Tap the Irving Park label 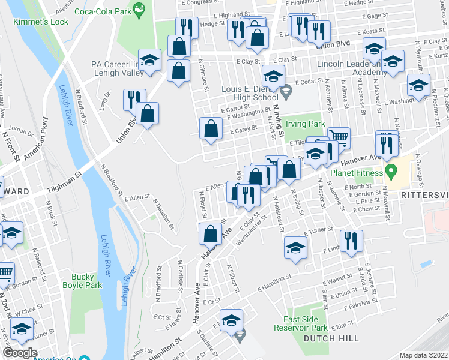[x=306, y=124]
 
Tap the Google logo [x=20, y=353]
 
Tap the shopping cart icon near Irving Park [x=339, y=137]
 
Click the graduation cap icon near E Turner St [x=295, y=248]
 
